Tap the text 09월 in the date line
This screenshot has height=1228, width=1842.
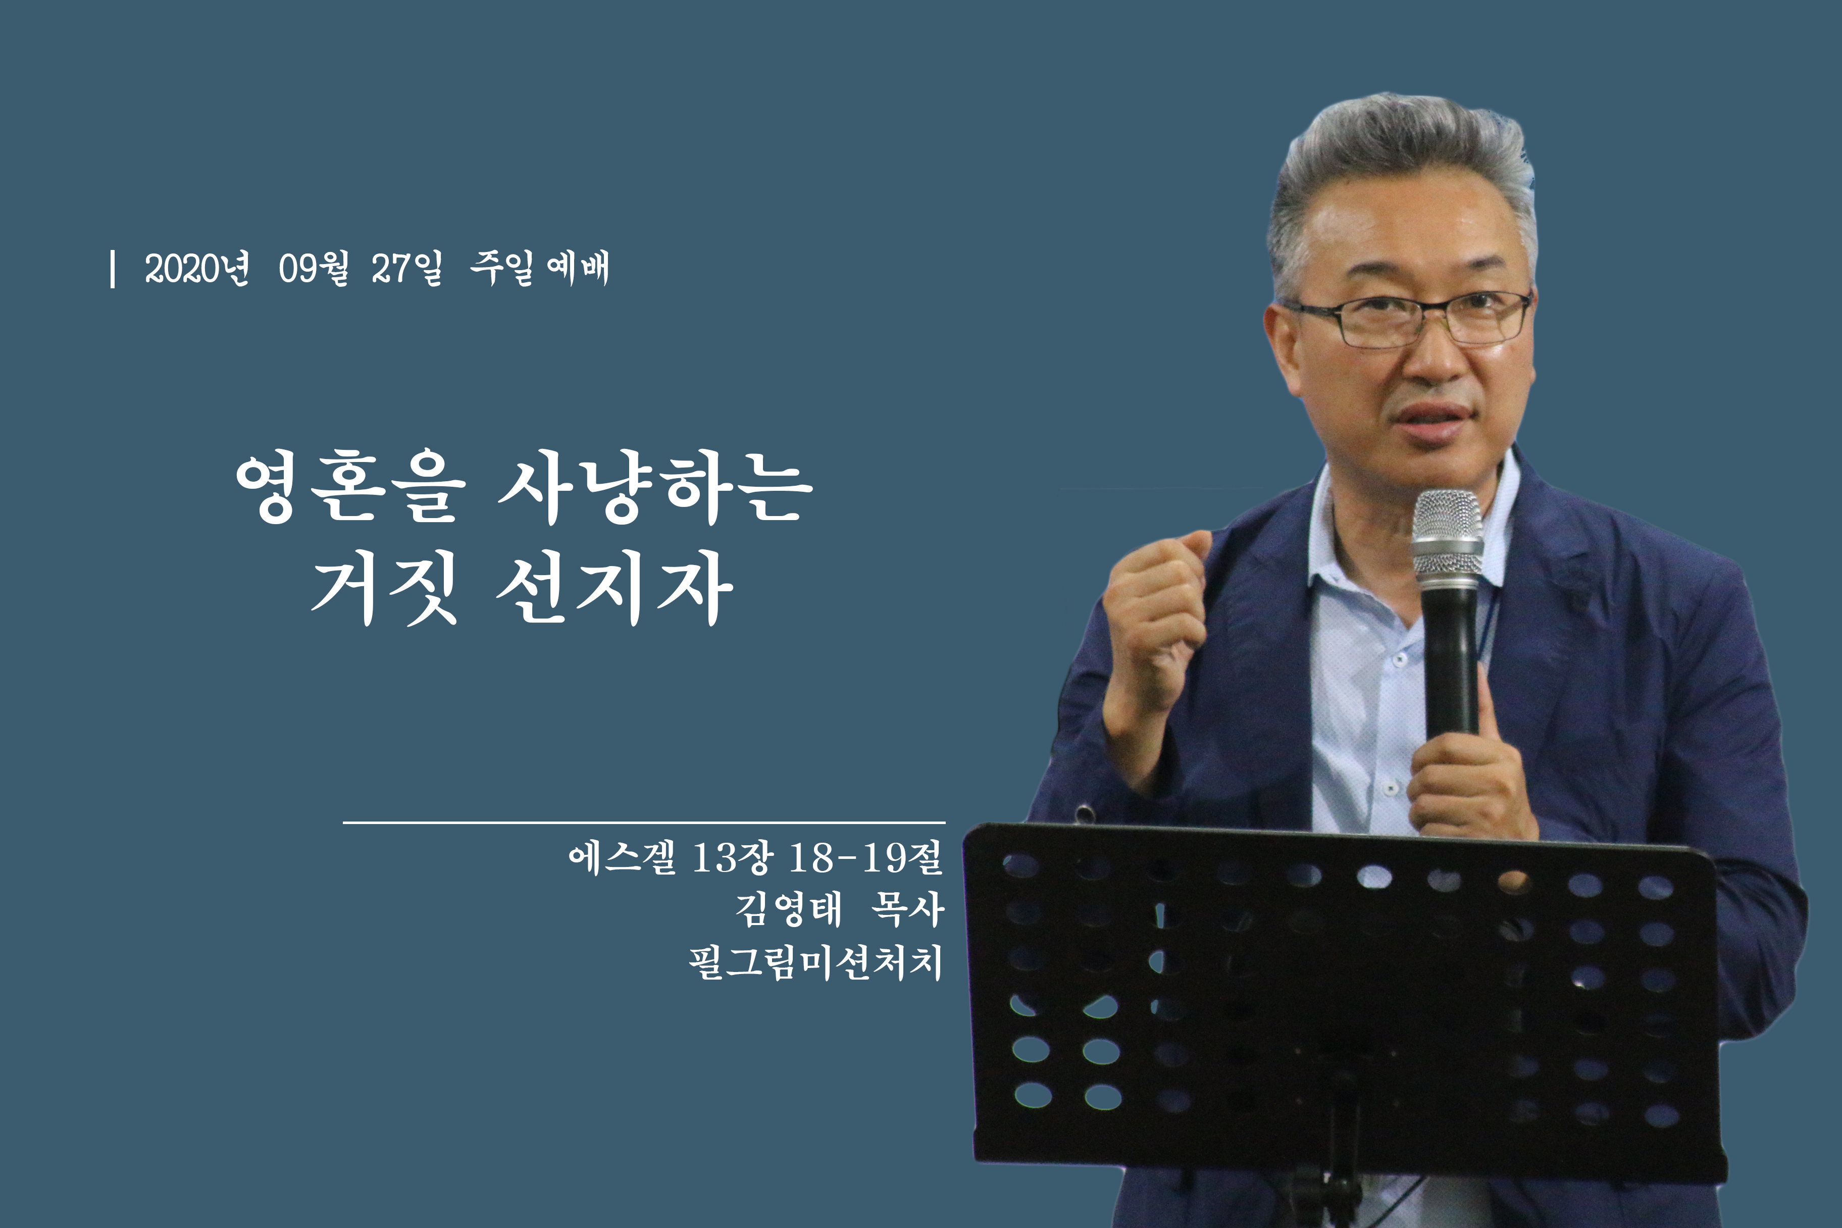coord(313,269)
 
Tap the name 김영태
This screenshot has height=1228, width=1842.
coord(789,909)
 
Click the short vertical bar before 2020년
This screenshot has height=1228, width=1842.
coord(114,269)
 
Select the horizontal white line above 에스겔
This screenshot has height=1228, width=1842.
coord(644,823)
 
